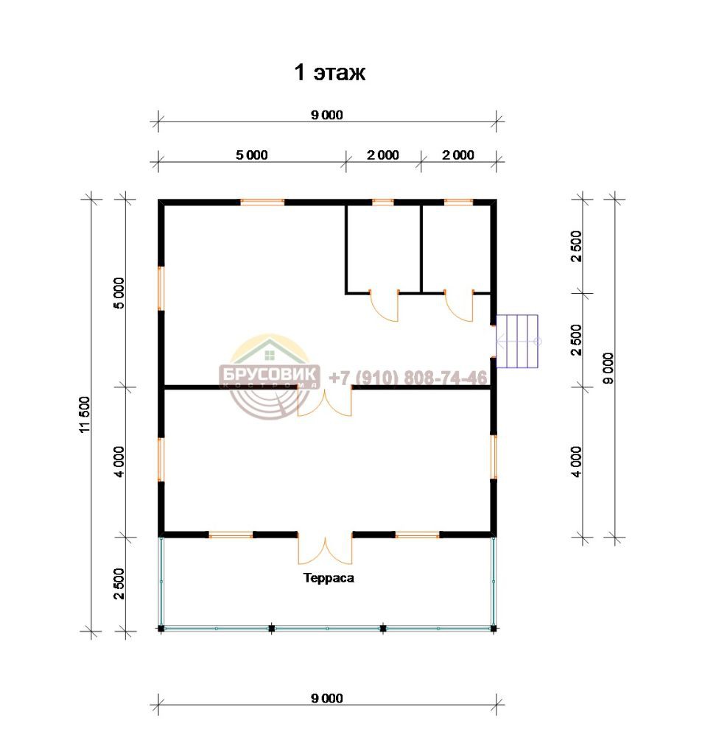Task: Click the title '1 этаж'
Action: coord(329,73)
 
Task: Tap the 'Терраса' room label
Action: coord(329,577)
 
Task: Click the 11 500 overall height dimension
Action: coord(84,415)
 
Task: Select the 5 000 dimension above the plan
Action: coord(252,155)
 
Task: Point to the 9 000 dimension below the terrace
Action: coord(327,698)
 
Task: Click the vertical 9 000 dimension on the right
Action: coord(608,368)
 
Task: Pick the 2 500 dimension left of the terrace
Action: coord(119,584)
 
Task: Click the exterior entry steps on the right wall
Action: coord(517,342)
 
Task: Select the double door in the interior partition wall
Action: coord(325,401)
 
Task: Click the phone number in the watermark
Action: coord(408,378)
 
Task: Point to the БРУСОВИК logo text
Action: coord(270,373)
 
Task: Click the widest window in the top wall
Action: coord(262,202)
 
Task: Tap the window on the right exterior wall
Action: coord(494,457)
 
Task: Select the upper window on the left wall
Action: coord(161,289)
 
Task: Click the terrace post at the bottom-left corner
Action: coord(161,628)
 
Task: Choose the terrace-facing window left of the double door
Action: coord(231,535)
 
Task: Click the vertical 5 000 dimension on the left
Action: coord(119,293)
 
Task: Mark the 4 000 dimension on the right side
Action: coord(577,462)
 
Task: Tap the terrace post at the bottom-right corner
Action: coord(494,628)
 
